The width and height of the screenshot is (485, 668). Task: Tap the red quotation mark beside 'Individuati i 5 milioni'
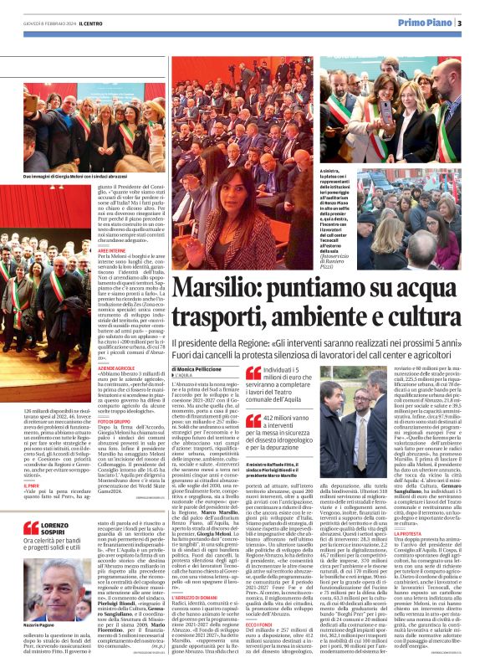pos(252,373)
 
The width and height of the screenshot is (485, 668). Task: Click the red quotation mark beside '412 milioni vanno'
pos(252,419)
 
